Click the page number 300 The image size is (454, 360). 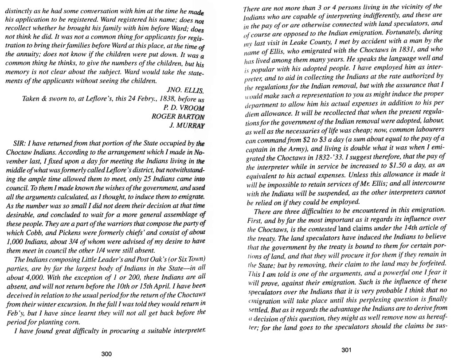pyautogui.click(x=106, y=354)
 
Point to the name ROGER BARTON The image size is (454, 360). pyautogui.click(x=178, y=117)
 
